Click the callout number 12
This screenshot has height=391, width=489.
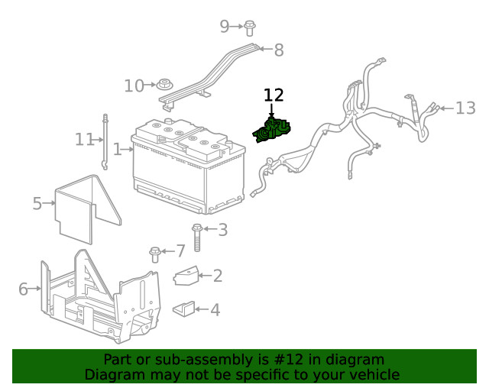(274, 95)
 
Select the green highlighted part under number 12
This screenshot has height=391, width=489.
(274, 131)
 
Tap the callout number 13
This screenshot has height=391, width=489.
(465, 108)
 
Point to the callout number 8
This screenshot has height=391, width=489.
(278, 50)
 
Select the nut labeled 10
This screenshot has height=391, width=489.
(163, 83)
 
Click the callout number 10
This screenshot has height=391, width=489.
(134, 86)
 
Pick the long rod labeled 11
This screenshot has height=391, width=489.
(104, 141)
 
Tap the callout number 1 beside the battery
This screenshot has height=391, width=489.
(117, 150)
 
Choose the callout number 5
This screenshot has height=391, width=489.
(37, 203)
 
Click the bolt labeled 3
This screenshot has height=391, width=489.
(197, 237)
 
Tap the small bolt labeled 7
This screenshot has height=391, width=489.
(155, 253)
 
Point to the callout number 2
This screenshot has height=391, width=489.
(217, 276)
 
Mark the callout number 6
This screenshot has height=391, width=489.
(23, 289)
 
